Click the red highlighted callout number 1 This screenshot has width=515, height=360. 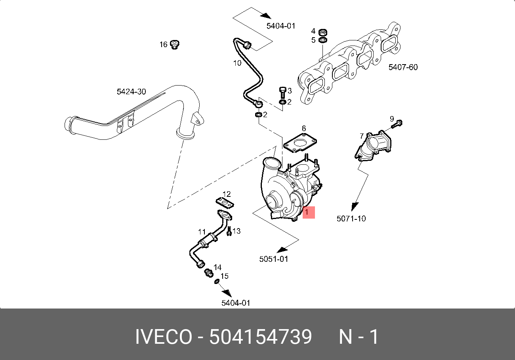tap(308, 213)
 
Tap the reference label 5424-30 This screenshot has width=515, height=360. tap(131, 92)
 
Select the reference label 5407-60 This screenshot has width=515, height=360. tap(402, 67)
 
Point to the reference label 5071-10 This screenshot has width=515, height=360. tap(351, 218)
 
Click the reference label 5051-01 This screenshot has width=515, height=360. tap(273, 259)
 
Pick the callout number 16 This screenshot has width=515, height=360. tap(163, 45)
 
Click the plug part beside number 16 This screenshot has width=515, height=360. tap(174, 44)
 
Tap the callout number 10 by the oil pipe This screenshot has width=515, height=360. tap(237, 63)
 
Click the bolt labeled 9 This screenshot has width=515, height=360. tap(397, 124)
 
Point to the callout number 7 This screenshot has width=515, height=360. tap(361, 136)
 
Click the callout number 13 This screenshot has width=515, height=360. tap(237, 231)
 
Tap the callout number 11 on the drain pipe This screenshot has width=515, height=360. tap(202, 232)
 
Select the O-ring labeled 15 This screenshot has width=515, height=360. tap(216, 282)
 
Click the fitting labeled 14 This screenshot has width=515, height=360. tap(207, 272)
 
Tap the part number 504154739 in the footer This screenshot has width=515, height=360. tap(260, 337)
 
